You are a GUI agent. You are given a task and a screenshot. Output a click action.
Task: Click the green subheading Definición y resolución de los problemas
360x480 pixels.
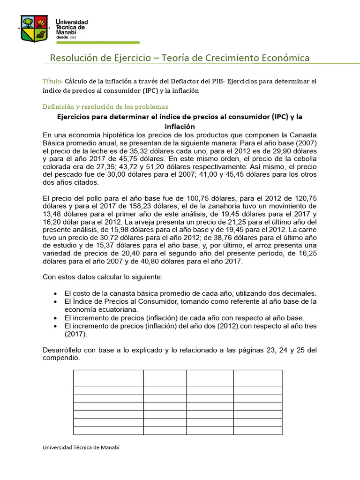point(105,106)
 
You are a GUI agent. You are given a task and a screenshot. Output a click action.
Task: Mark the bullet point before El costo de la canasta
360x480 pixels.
point(56,293)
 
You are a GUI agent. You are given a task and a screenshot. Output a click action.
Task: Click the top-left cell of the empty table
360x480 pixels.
point(108,378)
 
